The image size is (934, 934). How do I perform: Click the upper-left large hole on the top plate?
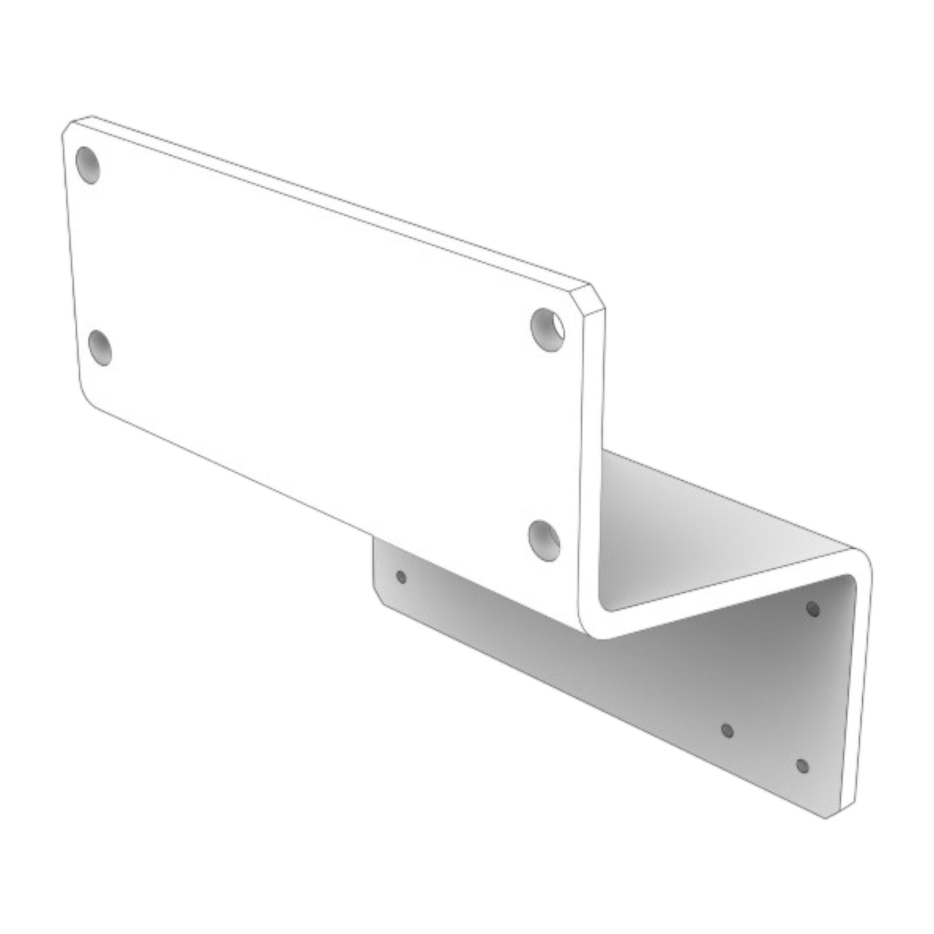(x=88, y=165)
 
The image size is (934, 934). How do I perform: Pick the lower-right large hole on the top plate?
(x=544, y=540)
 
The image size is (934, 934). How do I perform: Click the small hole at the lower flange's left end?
(x=401, y=577)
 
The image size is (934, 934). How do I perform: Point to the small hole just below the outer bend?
(x=813, y=608)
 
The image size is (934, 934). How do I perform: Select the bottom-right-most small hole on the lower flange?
(x=802, y=766)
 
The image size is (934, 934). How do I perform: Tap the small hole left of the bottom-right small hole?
(x=727, y=730)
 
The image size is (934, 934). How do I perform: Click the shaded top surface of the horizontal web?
(x=698, y=536)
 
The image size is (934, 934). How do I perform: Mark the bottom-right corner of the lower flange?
(x=827, y=816)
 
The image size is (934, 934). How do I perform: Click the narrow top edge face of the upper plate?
(x=336, y=200)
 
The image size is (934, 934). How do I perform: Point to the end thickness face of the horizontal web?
(x=724, y=604)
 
